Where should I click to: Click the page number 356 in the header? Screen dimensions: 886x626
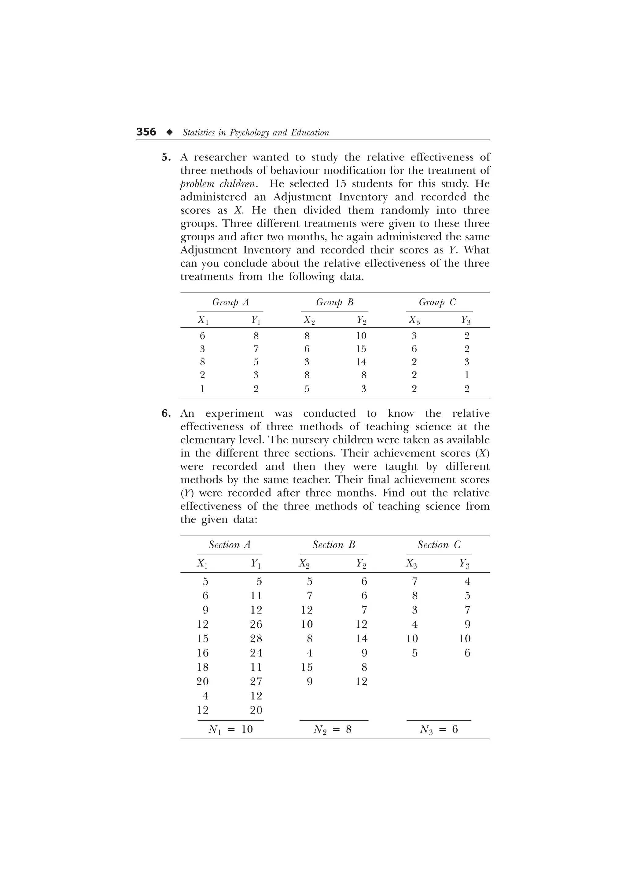tap(146, 132)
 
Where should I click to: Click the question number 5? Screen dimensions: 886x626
tap(166, 157)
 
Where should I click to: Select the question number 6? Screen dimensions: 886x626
tap(166, 414)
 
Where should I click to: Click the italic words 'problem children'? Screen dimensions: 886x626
tap(218, 184)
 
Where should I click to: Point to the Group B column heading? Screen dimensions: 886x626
tap(334, 302)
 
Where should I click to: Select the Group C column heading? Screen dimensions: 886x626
tap(437, 302)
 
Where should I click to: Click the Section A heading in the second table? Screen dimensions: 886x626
tap(230, 545)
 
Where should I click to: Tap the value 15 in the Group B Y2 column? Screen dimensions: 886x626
tap(361, 349)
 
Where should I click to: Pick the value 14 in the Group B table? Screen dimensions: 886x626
tap(361, 362)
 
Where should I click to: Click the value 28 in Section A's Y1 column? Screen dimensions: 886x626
tap(256, 639)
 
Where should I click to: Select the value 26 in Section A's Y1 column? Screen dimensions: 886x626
tap(256, 624)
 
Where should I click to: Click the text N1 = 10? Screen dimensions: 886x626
tap(230, 729)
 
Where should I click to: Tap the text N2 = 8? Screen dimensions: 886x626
tap(333, 729)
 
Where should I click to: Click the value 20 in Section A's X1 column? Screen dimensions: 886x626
tap(202, 681)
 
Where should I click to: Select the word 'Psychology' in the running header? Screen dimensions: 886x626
tap(249, 133)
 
